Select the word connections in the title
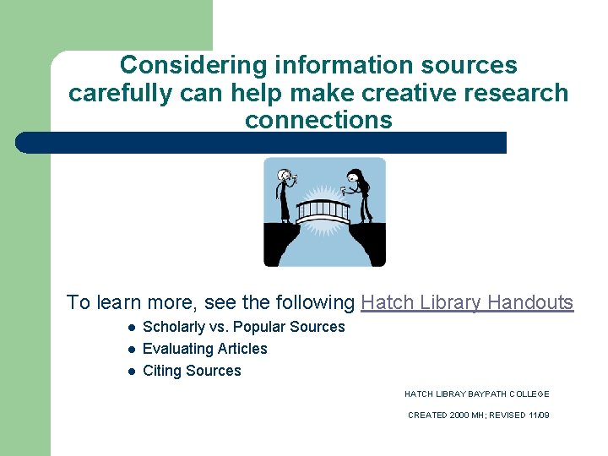click(x=318, y=120)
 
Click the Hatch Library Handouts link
click(x=467, y=302)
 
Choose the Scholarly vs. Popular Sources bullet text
click(x=243, y=327)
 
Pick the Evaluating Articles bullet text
click(x=204, y=349)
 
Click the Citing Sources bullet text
click(x=192, y=371)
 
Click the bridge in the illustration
click(x=323, y=209)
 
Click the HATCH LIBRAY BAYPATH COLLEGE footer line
click(x=476, y=394)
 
